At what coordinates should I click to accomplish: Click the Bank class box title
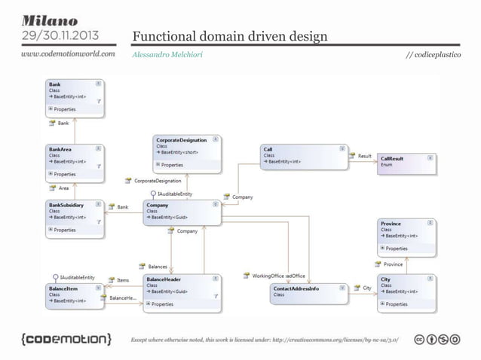(55, 84)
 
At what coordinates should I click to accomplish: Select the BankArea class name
(61, 149)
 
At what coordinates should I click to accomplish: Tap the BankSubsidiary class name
(67, 204)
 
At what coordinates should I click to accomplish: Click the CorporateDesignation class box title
(178, 140)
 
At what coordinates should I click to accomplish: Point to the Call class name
(268, 149)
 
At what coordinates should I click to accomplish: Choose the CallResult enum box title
(391, 159)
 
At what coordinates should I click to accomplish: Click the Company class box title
(158, 205)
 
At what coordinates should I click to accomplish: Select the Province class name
(391, 224)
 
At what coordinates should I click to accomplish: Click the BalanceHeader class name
(164, 279)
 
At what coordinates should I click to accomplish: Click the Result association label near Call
(365, 156)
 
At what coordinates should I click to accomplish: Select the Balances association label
(157, 266)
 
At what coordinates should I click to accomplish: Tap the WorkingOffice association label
(268, 276)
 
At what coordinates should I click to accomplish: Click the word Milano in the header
(49, 18)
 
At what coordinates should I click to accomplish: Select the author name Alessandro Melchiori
(163, 55)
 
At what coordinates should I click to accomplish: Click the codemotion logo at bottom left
(66, 336)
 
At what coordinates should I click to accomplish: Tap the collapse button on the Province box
(430, 224)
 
